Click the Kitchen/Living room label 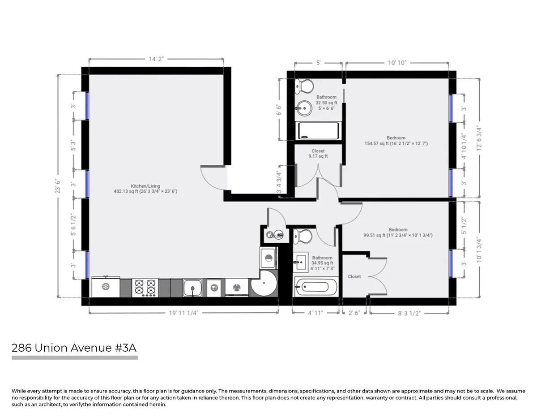[145, 189]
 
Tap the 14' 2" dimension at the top [156, 59]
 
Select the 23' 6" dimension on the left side [57, 185]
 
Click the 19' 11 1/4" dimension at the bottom [183, 313]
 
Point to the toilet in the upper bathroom [304, 85]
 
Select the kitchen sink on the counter [192, 287]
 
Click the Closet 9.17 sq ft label [318, 154]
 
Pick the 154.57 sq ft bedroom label [396, 141]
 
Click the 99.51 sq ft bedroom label [397, 233]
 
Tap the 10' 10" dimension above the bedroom [396, 63]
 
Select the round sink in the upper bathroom [304, 108]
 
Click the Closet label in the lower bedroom [354, 276]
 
